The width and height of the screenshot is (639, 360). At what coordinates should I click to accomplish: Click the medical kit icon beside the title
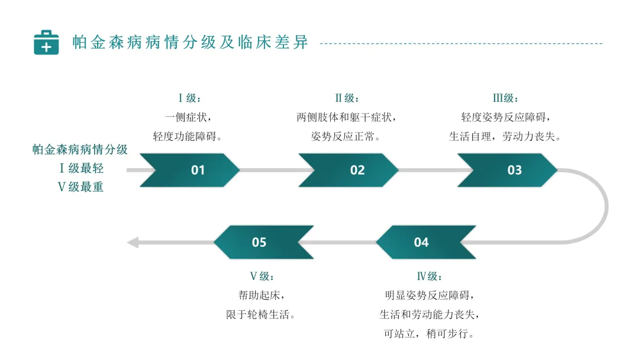(46, 43)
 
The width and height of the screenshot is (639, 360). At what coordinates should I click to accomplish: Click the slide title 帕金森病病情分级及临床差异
(191, 43)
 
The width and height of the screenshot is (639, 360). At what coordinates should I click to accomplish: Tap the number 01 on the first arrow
(198, 170)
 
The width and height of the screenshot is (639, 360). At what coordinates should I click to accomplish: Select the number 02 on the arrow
(357, 170)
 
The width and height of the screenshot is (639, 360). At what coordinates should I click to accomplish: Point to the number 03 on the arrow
(515, 170)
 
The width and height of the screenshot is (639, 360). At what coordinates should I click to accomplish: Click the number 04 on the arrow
(421, 242)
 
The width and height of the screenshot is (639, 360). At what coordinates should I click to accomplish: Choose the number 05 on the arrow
(259, 242)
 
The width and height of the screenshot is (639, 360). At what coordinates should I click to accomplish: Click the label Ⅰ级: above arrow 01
(189, 98)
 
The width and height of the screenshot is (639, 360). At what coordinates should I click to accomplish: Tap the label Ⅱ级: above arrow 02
(347, 98)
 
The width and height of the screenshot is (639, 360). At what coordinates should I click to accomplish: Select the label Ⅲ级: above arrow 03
(505, 98)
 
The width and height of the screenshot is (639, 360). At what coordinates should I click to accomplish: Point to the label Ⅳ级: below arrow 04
(430, 277)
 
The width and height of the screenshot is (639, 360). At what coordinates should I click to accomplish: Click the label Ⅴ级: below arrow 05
(262, 277)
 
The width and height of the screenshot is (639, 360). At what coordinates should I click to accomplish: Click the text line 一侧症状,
(188, 117)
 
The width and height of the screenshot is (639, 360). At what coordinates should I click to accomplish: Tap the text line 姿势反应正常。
(346, 137)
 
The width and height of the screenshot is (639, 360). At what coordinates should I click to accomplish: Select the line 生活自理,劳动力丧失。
(505, 137)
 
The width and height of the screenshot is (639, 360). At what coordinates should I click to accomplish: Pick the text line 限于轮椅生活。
(261, 315)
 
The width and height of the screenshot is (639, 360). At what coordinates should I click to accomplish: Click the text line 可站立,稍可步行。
(430, 334)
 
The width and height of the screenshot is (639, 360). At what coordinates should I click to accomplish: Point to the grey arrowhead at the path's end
(133, 243)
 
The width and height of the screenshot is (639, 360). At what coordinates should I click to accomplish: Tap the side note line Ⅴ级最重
(80, 187)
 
